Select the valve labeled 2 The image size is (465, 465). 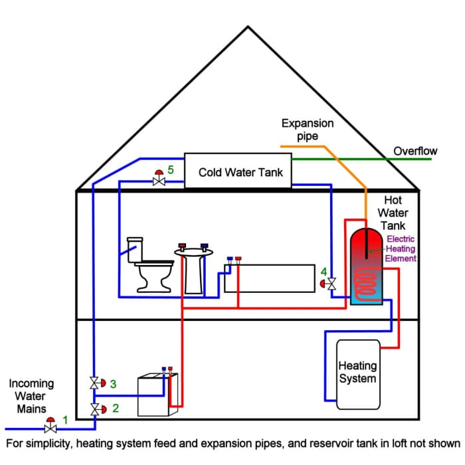[x=96, y=407]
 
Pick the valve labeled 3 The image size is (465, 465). [x=96, y=383]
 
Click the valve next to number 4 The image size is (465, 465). [x=332, y=283]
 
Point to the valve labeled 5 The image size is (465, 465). [x=159, y=180]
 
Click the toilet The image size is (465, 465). [x=149, y=272]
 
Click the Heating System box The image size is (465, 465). [x=358, y=374]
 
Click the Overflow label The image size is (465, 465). [x=415, y=151]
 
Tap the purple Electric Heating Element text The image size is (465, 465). [x=401, y=248]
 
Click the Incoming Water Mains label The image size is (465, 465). [x=31, y=395]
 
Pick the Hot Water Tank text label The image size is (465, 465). [x=393, y=213]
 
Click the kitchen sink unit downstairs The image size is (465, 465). [x=158, y=395]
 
